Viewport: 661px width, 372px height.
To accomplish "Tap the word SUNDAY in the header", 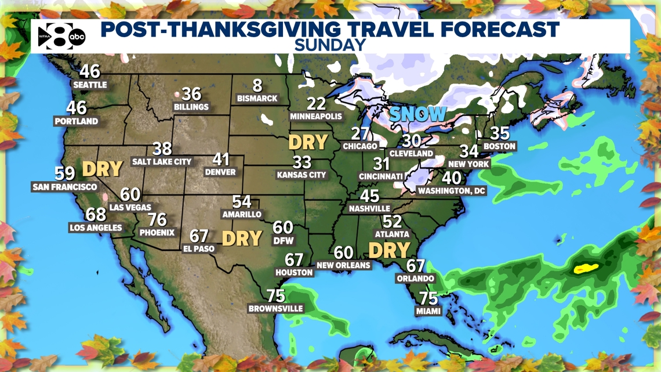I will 330,45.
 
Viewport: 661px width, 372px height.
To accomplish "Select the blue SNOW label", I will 417,114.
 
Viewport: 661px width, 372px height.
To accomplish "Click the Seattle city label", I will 90,85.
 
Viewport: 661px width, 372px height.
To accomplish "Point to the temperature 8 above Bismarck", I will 257,86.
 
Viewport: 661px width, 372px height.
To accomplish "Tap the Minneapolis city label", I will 316,117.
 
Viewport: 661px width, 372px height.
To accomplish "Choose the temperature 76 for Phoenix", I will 157,220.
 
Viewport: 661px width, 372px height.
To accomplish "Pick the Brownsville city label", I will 276,309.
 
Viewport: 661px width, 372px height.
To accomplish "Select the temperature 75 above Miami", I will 428,298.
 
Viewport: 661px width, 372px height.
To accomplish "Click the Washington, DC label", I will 452,190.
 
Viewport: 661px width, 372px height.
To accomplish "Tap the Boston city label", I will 499,146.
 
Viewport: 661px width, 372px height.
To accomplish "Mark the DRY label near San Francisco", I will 102,169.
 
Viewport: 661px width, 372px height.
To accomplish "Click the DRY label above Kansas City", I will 308,142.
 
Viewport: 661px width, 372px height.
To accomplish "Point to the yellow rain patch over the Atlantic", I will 586,269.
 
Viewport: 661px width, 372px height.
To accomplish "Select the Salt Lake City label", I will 162,162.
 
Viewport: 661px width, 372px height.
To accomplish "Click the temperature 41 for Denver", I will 221,159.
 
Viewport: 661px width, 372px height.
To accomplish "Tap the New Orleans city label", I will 343,265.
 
